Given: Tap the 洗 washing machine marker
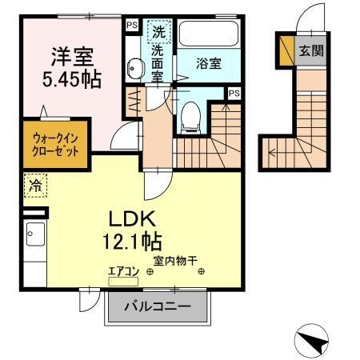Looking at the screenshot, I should [x=158, y=33].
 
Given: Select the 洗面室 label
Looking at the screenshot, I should [x=158, y=66].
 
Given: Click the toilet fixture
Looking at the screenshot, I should [x=190, y=117].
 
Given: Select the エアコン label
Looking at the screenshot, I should [x=123, y=271].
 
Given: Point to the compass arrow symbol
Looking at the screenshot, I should [x=313, y=342].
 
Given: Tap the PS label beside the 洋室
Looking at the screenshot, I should [x=130, y=24].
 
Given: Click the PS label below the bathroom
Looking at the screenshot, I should [x=233, y=94].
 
